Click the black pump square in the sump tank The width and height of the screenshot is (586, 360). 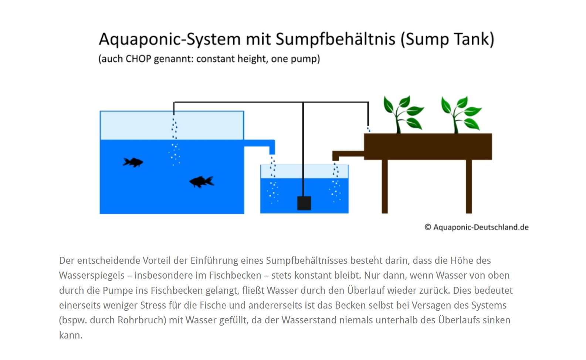coord(304,203)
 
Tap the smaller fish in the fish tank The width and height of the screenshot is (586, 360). coord(133,162)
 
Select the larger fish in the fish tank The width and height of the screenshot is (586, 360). coord(202,182)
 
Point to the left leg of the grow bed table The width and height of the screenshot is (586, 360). coord(385,186)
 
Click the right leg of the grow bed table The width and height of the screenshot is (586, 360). coord(469,186)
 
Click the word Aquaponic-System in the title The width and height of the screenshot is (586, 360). coord(170,39)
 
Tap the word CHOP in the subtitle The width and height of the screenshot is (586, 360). coord(138,59)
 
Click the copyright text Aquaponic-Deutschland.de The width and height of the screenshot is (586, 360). coord(477,227)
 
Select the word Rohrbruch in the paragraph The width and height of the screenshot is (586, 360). coord(141,320)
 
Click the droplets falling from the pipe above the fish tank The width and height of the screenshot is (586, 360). coord(174,128)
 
